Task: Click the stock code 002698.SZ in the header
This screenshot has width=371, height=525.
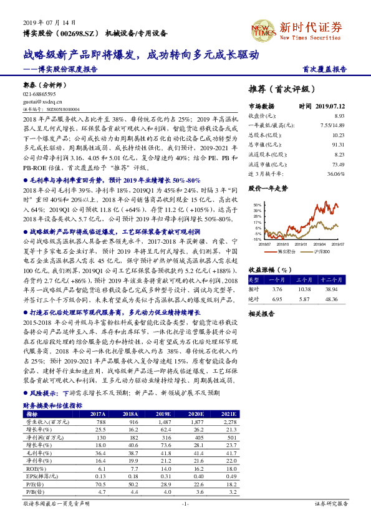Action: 79,32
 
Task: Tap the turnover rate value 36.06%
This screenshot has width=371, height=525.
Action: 335,174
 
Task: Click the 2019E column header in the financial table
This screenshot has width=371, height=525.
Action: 163,413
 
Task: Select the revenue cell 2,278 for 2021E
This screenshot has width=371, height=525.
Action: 229,422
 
